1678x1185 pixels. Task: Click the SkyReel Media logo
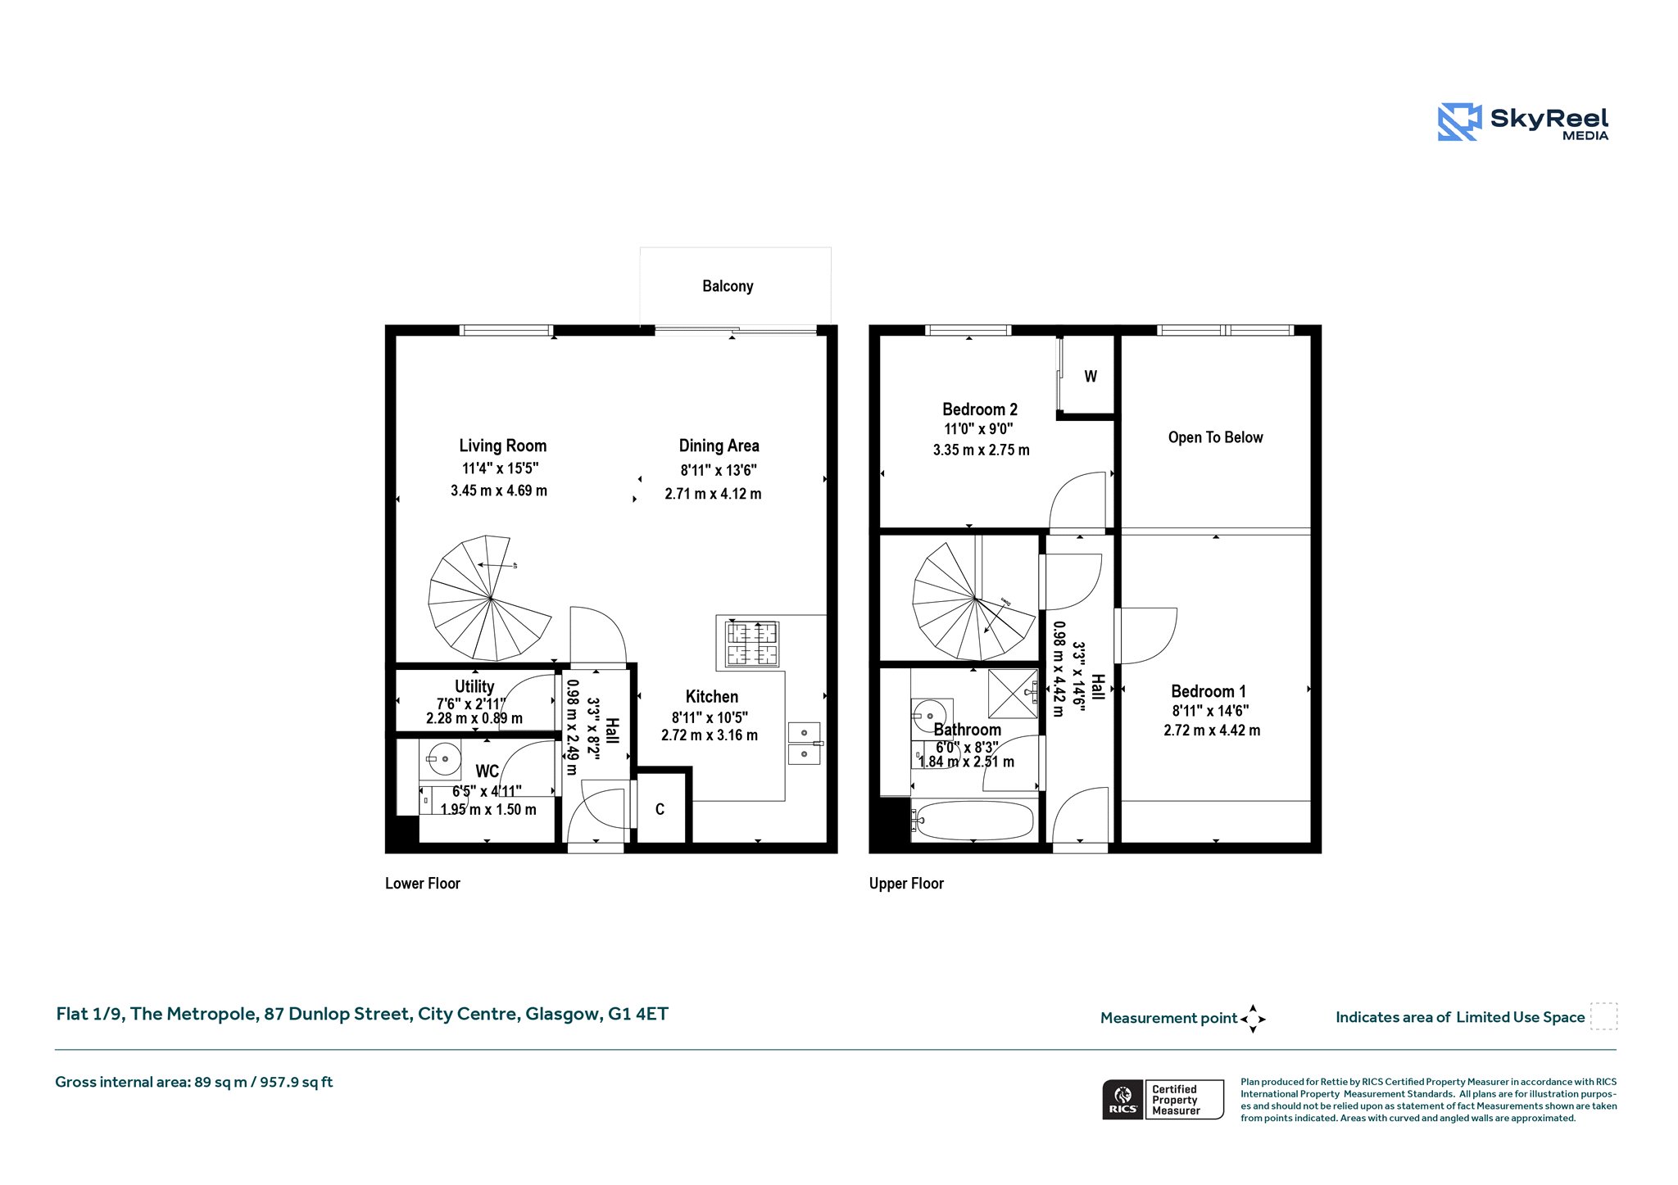point(1522,122)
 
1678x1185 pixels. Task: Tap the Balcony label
point(728,286)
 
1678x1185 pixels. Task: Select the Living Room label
point(502,446)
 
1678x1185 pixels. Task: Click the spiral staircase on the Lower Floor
point(490,598)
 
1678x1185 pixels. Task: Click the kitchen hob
point(752,644)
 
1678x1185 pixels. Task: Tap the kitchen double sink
point(804,744)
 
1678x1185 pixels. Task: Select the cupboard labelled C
point(660,809)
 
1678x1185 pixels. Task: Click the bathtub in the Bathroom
point(975,819)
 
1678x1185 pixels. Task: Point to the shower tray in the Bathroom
point(1014,694)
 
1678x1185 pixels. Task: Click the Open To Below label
point(1216,437)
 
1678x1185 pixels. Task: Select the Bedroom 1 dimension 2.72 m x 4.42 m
point(1212,730)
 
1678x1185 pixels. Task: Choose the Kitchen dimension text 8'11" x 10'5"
point(710,717)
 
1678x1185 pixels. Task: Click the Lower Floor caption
point(423,883)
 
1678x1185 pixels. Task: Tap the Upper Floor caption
point(906,883)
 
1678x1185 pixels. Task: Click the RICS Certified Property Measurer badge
point(1163,1099)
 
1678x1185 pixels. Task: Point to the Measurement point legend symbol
point(1253,1019)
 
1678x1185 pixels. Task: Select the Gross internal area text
point(194,1082)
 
